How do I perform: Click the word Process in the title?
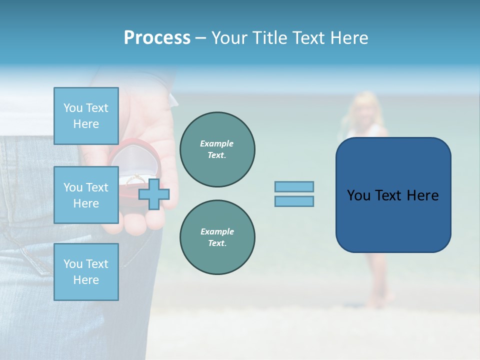pos(157,38)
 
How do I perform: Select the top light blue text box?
pos(86,116)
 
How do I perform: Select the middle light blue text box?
pos(86,195)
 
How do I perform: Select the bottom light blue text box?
pos(86,271)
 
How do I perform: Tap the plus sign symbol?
pos(154,194)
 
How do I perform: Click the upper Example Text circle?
pos(217,149)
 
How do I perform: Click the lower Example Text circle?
pos(217,237)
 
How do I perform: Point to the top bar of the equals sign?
pos(294,186)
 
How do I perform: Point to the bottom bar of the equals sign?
pos(294,201)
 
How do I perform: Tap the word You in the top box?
pos(73,108)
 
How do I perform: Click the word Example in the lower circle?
pos(217,231)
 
